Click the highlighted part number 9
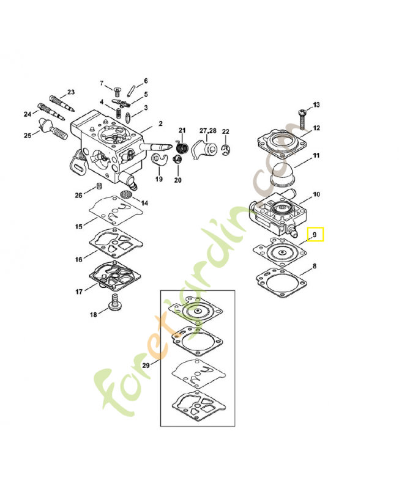point(315,234)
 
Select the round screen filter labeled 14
point(127,194)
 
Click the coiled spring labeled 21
point(181,147)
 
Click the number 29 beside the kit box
point(146,366)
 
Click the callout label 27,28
point(207,131)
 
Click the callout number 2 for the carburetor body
point(160,123)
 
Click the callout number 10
point(316,195)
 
